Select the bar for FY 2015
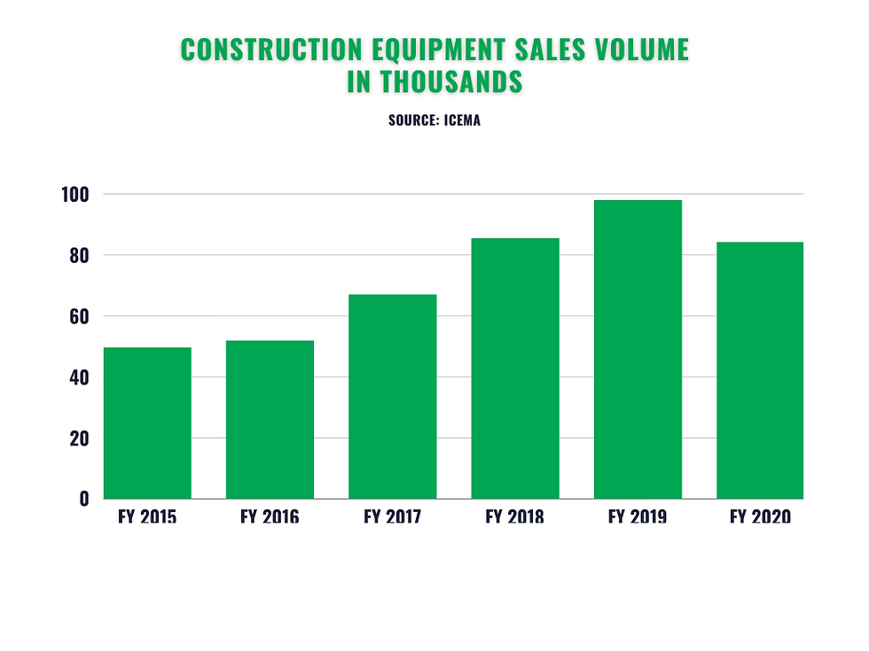[147, 422]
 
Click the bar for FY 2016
[270, 419]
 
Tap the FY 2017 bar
[392, 396]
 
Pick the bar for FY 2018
[515, 368]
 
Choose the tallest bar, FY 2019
[638, 349]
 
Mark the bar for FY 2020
[760, 370]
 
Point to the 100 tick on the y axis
[76, 194]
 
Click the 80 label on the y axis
[80, 255]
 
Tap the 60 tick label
[80, 316]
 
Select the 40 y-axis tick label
[80, 377]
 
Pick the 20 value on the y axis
[80, 438]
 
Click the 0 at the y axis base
[85, 499]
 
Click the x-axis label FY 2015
[147, 516]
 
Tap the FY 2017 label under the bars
[392, 516]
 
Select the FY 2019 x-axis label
[638, 516]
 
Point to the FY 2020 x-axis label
[760, 516]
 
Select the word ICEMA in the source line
[461, 120]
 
